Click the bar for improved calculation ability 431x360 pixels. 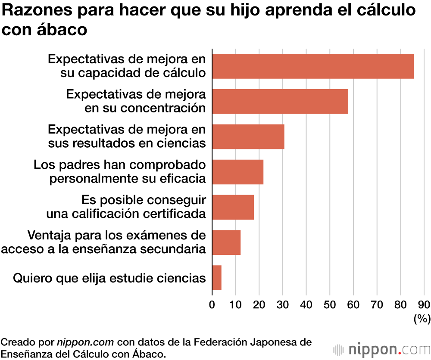pos(313,66)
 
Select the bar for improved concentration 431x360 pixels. pos(280,102)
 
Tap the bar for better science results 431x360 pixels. pos(248,137)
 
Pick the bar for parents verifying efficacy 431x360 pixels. pos(238,172)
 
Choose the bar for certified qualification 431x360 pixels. pos(233,208)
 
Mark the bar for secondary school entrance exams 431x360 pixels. pos(226,242)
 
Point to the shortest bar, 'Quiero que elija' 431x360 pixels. pos(217,278)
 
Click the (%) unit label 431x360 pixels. pos(422,319)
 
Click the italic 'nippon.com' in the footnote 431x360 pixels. pos(86,343)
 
